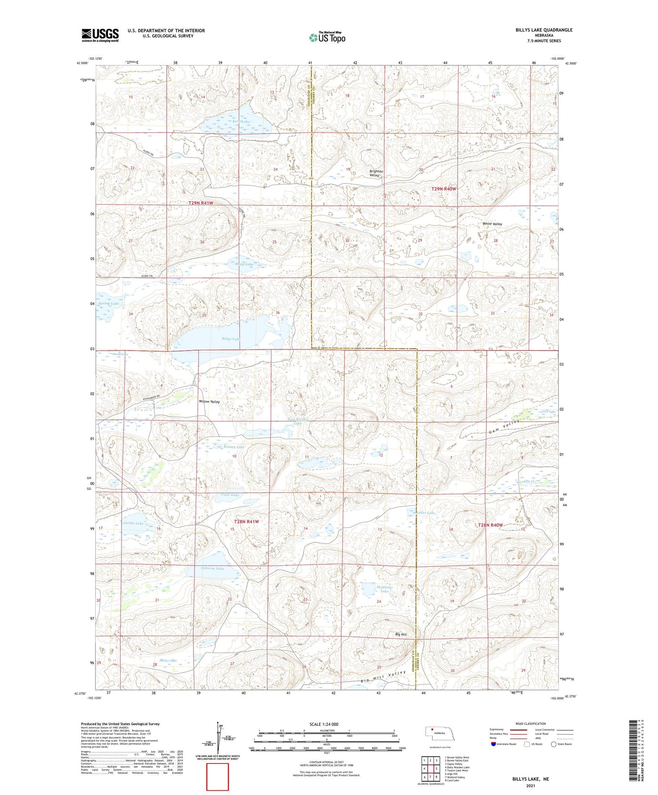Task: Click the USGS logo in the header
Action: [x=100, y=35]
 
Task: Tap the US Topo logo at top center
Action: [x=327, y=37]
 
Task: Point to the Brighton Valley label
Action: [x=376, y=173]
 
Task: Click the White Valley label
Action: [x=492, y=224]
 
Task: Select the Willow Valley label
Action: [x=209, y=402]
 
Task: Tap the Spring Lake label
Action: [x=108, y=303]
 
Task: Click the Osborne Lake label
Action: [x=213, y=568]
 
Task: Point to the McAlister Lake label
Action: [x=384, y=589]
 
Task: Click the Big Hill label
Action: [x=401, y=634]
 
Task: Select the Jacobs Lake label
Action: [x=133, y=523]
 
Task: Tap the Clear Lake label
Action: [x=230, y=495]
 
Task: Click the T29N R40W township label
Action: [x=444, y=189]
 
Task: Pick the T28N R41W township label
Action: [x=246, y=521]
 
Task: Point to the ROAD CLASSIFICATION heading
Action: [x=530, y=724]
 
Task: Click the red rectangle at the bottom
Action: [x=218, y=777]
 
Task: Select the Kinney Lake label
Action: [x=234, y=447]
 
